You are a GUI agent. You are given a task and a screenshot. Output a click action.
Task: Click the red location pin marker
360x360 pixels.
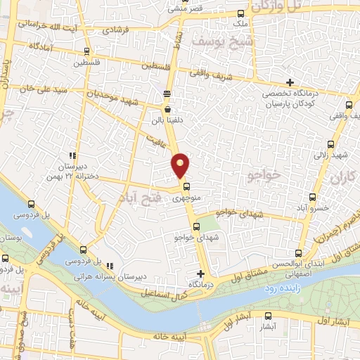(181, 165)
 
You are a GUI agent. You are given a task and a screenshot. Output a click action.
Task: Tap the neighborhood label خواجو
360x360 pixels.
(264, 173)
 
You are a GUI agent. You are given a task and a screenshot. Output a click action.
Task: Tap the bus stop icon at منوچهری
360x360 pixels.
(186, 187)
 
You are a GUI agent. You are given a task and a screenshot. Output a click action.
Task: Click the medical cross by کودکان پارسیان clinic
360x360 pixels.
(290, 82)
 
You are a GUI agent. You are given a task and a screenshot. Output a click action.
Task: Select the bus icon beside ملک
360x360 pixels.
(241, 13)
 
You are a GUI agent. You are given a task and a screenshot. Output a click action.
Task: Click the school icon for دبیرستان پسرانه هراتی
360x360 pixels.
(110, 265)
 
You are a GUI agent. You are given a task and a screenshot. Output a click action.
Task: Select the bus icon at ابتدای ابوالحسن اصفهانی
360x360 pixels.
(300, 254)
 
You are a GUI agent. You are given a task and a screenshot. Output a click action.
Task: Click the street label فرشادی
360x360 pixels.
(117, 30)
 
